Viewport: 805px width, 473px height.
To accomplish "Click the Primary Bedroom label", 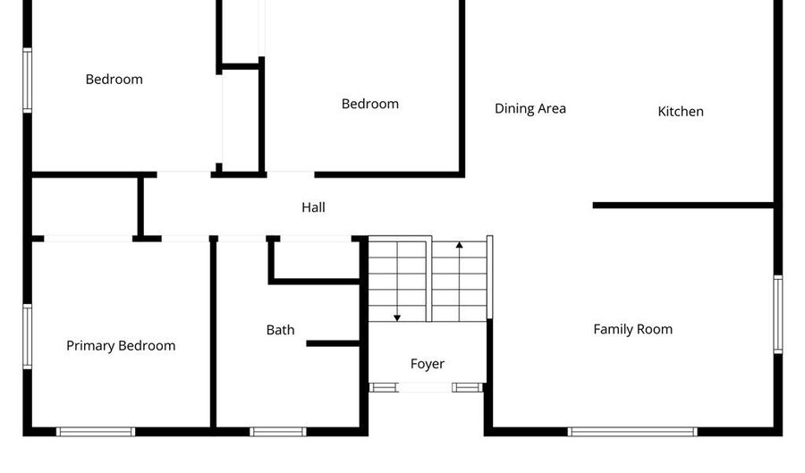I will coord(121,346).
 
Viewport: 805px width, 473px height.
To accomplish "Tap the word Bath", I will coord(280,330).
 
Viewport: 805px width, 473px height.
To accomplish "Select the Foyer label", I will coord(428,364).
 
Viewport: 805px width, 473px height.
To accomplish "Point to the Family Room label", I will coord(632,329).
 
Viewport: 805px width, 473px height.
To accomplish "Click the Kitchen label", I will coord(681,112).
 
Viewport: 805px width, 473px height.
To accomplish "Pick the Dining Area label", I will coord(530,109).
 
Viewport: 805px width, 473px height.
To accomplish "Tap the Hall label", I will coord(313,207).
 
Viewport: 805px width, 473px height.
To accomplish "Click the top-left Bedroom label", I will coord(114,80).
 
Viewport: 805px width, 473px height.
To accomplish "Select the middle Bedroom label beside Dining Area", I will coord(370,104).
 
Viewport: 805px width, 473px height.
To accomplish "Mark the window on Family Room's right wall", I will coord(777,314).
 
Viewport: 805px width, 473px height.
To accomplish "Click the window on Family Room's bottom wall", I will coord(632,431).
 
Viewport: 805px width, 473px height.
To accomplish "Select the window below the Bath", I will coord(278,431).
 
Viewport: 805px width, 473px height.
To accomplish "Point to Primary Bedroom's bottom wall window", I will coord(96,431).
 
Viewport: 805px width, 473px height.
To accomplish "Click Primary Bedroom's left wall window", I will coord(28,336).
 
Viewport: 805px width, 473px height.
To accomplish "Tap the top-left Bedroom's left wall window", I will coord(28,80).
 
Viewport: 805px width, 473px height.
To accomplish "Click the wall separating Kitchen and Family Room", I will coord(682,206).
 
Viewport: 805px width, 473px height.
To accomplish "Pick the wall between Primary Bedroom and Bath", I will coord(213,333).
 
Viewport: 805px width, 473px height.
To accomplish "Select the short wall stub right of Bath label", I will coord(333,342).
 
